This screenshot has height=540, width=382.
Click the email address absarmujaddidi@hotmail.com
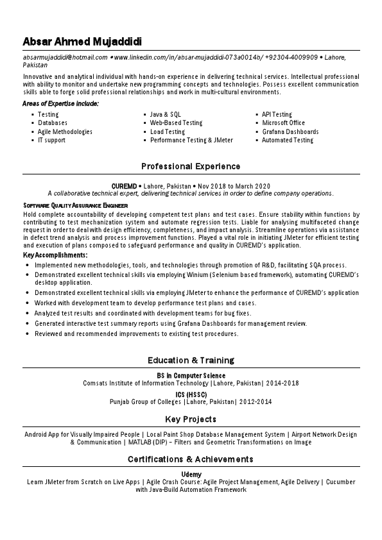coord(65,58)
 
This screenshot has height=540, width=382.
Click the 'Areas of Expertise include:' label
coord(60,103)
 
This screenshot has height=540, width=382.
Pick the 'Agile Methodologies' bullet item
coord(65,131)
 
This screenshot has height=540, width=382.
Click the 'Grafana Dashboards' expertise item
coord(290,131)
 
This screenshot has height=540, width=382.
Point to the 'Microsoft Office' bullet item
coord(283,122)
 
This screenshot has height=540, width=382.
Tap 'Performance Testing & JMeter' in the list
coord(191,140)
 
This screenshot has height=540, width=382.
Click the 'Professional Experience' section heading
coord(191,167)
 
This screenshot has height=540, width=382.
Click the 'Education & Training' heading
coord(191,360)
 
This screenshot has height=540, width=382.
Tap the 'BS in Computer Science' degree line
coord(191,375)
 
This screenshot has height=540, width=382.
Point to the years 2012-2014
coord(255,402)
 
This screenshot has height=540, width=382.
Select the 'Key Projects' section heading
coord(191,419)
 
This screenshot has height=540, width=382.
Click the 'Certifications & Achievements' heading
coord(191,459)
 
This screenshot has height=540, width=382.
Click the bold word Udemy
coord(191,474)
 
